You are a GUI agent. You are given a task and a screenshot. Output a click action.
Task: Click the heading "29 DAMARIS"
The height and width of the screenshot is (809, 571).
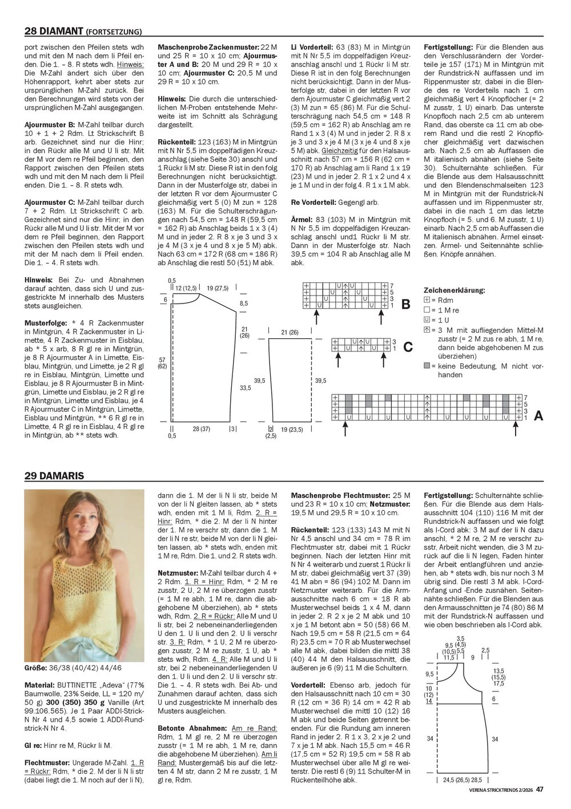click(x=54, y=475)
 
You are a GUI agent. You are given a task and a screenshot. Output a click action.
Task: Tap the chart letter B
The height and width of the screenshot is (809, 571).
click(x=406, y=305)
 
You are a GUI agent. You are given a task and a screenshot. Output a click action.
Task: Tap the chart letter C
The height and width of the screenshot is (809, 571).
click(x=408, y=346)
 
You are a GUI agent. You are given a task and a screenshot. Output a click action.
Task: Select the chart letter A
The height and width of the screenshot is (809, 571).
click(x=538, y=417)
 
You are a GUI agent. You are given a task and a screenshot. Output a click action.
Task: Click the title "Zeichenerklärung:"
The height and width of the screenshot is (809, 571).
click(x=455, y=290)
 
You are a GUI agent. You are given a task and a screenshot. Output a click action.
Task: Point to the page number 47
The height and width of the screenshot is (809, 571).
click(x=539, y=790)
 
